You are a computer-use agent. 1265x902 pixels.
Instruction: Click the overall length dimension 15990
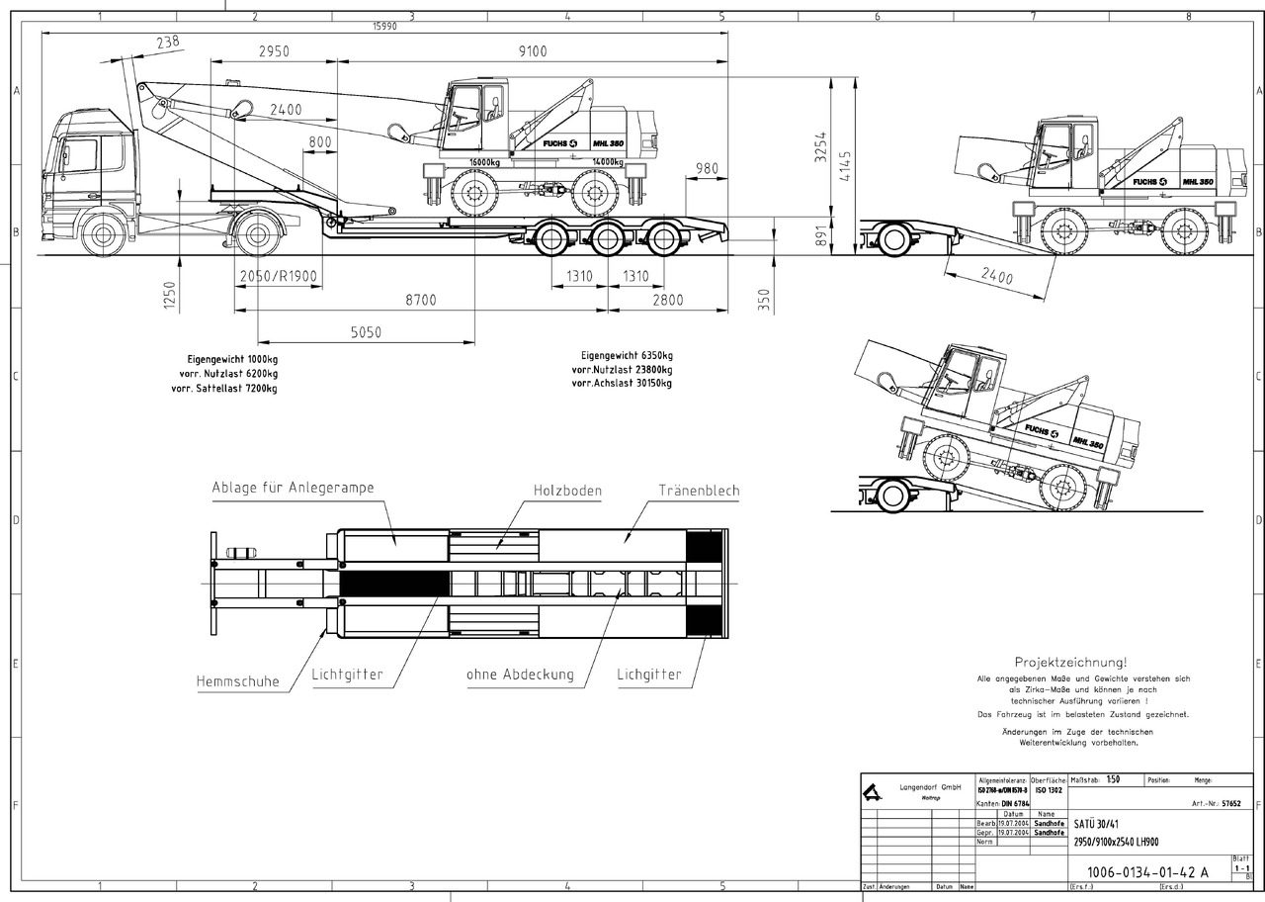[384, 27]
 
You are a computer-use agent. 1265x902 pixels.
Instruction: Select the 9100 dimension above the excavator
[531, 51]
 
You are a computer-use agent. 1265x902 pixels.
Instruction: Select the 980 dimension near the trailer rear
[707, 168]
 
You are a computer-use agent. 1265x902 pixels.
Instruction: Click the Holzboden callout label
[567, 490]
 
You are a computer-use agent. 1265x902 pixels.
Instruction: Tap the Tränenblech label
[699, 490]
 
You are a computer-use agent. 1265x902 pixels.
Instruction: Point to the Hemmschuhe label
[237, 680]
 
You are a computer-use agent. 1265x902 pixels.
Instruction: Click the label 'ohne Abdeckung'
[520, 675]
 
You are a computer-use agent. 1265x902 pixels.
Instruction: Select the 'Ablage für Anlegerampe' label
[294, 488]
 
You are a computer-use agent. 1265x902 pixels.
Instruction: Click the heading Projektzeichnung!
[1070, 662]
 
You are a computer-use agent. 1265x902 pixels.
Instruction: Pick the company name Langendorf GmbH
[930, 787]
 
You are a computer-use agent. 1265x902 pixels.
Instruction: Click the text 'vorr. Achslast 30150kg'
[622, 382]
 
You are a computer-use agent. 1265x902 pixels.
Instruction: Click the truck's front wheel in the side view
[103, 234]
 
